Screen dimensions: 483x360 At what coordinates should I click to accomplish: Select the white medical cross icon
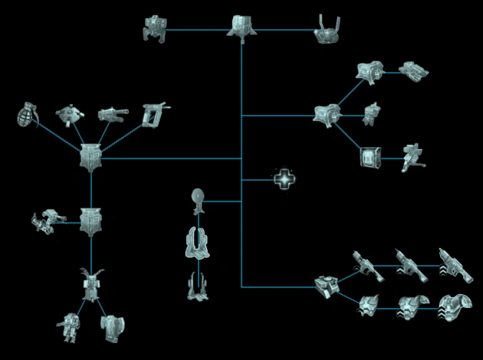(x=284, y=179)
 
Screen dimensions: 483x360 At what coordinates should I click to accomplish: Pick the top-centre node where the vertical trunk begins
(x=242, y=26)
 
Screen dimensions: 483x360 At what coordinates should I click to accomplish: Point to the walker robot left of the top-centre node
(x=155, y=28)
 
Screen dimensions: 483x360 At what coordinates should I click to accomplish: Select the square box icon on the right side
(x=370, y=158)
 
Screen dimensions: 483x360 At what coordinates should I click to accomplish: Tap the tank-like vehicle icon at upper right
(x=414, y=71)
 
